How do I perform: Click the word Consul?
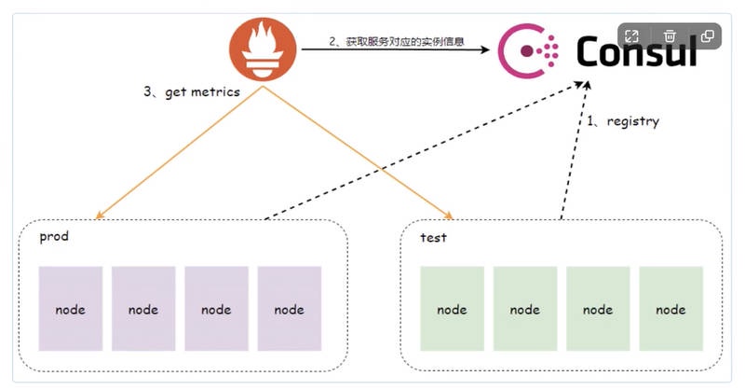[636, 51]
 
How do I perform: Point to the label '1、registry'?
[622, 121]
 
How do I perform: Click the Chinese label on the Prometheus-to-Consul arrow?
[397, 41]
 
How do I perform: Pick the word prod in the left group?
[54, 236]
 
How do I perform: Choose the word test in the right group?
[433, 237]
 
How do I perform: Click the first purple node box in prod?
[70, 309]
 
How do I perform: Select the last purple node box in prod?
[290, 309]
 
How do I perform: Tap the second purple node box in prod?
[143, 309]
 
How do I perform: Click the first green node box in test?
[452, 309]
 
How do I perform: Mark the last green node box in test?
[670, 309]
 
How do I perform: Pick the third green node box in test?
[598, 309]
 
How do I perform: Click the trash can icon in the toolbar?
[670, 36]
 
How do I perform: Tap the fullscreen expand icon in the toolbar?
[631, 36]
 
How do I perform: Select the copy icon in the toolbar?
[708, 36]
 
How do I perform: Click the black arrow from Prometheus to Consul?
[391, 50]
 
